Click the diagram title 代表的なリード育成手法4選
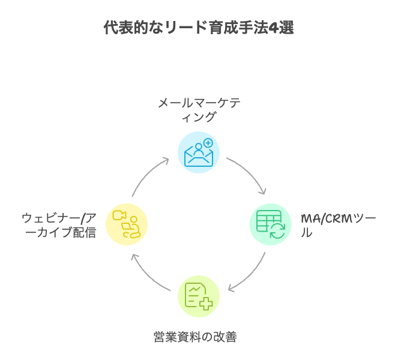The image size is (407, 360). [x=198, y=28]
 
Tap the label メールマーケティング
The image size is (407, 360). [x=199, y=110]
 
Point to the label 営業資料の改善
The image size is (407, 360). [x=194, y=337]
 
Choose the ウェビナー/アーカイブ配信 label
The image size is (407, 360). [x=58, y=225]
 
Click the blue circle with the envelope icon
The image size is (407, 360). [x=199, y=152]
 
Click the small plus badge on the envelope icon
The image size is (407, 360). [x=208, y=143]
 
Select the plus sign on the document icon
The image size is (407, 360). [x=206, y=304]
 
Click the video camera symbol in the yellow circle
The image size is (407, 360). [x=118, y=215]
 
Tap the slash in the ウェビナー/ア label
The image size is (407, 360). [x=82, y=218]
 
